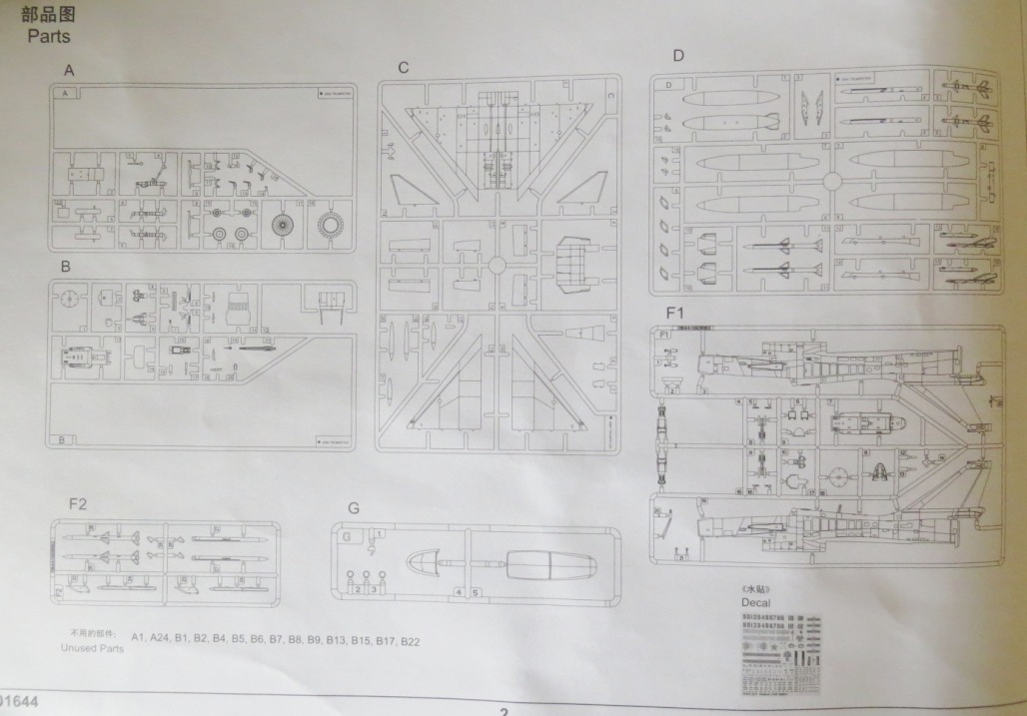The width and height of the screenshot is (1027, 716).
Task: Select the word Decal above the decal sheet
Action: pyautogui.click(x=756, y=603)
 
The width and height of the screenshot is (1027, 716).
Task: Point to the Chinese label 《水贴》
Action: pyautogui.click(x=756, y=589)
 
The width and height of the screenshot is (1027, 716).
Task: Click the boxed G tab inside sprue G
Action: pyautogui.click(x=346, y=536)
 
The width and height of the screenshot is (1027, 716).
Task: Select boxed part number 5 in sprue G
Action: pyautogui.click(x=477, y=592)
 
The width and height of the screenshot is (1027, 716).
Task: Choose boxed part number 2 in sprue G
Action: pyautogui.click(x=357, y=589)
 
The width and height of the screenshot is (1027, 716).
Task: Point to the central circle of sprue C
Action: pyautogui.click(x=496, y=265)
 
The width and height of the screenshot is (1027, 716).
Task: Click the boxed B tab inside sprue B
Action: pyautogui.click(x=64, y=440)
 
